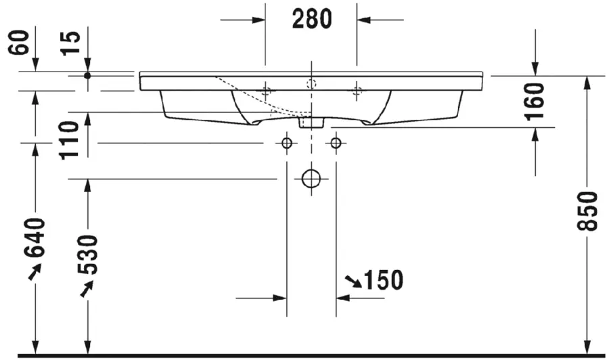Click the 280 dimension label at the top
(x=312, y=20)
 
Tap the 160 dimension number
(x=534, y=101)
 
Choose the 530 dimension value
(x=87, y=254)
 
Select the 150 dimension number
(x=383, y=279)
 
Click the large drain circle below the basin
(x=311, y=179)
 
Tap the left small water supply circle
(x=286, y=143)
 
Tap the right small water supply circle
(x=335, y=143)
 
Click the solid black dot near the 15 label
(x=87, y=75)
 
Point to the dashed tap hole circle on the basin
(x=311, y=84)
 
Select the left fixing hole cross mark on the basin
(x=266, y=90)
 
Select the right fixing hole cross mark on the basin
(x=357, y=90)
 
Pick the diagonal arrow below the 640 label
(x=34, y=272)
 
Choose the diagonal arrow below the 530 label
(x=87, y=289)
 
